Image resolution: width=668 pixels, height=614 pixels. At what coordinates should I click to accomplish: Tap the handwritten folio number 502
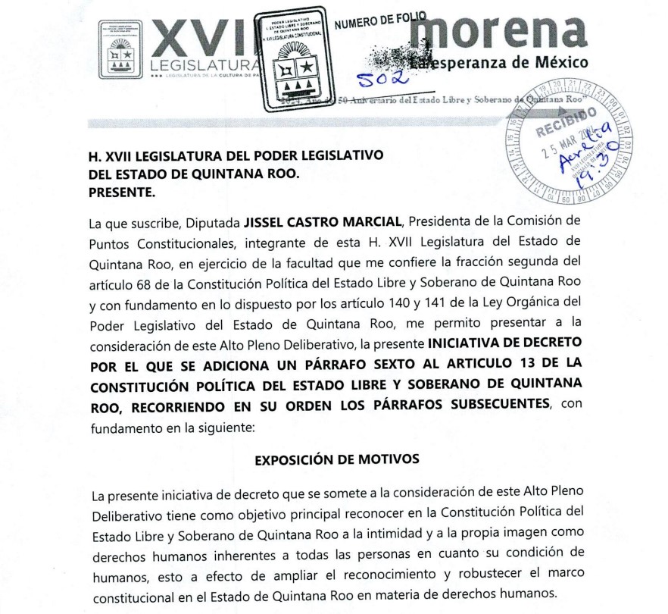click(384, 78)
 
